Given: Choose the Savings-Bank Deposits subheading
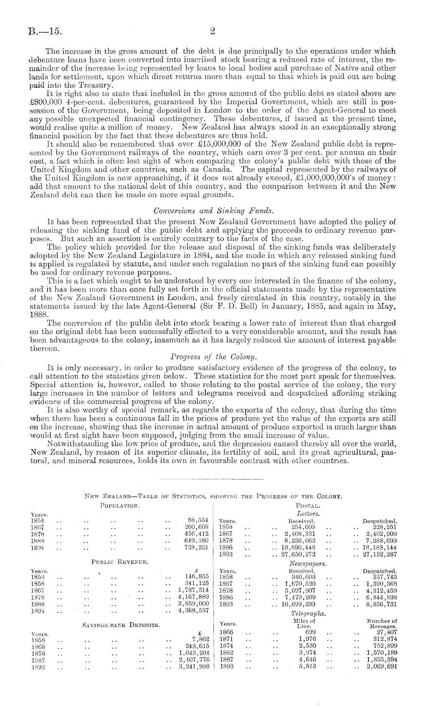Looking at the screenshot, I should coord(121,624).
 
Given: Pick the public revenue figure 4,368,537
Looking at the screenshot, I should coord(194,611).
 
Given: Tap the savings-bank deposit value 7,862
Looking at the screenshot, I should coord(201,639).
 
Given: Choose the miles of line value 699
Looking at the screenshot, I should coord(311,632).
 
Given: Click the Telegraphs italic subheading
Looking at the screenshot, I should coord(308,613).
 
